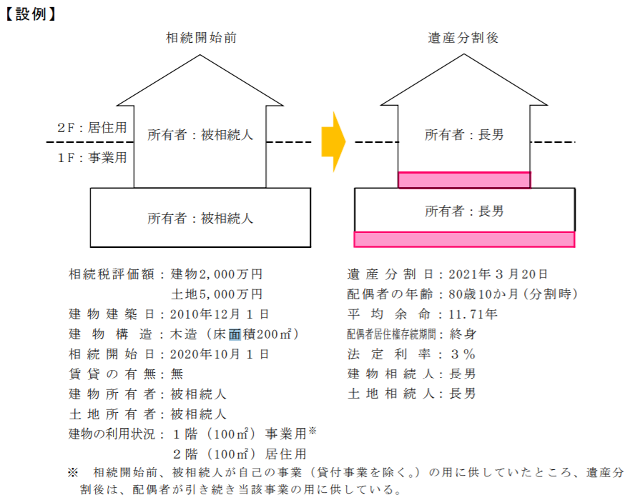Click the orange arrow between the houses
(x=333, y=141)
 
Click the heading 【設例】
(x=30, y=14)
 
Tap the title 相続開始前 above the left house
(x=201, y=38)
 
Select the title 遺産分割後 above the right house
(x=463, y=38)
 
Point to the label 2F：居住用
(x=92, y=128)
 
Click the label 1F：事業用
(x=92, y=157)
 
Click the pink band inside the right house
(x=465, y=180)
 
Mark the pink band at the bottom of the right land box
(x=465, y=239)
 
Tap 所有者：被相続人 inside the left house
(x=200, y=135)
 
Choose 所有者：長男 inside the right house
(x=464, y=135)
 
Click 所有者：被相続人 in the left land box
(x=200, y=219)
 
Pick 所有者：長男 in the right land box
(x=464, y=211)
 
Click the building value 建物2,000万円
(x=217, y=274)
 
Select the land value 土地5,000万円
(x=217, y=294)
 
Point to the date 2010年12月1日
(x=220, y=314)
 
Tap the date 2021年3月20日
(x=498, y=274)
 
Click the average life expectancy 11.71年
(x=473, y=314)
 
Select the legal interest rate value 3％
(x=463, y=354)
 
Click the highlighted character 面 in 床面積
(x=235, y=334)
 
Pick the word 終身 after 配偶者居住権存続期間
(x=463, y=334)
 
